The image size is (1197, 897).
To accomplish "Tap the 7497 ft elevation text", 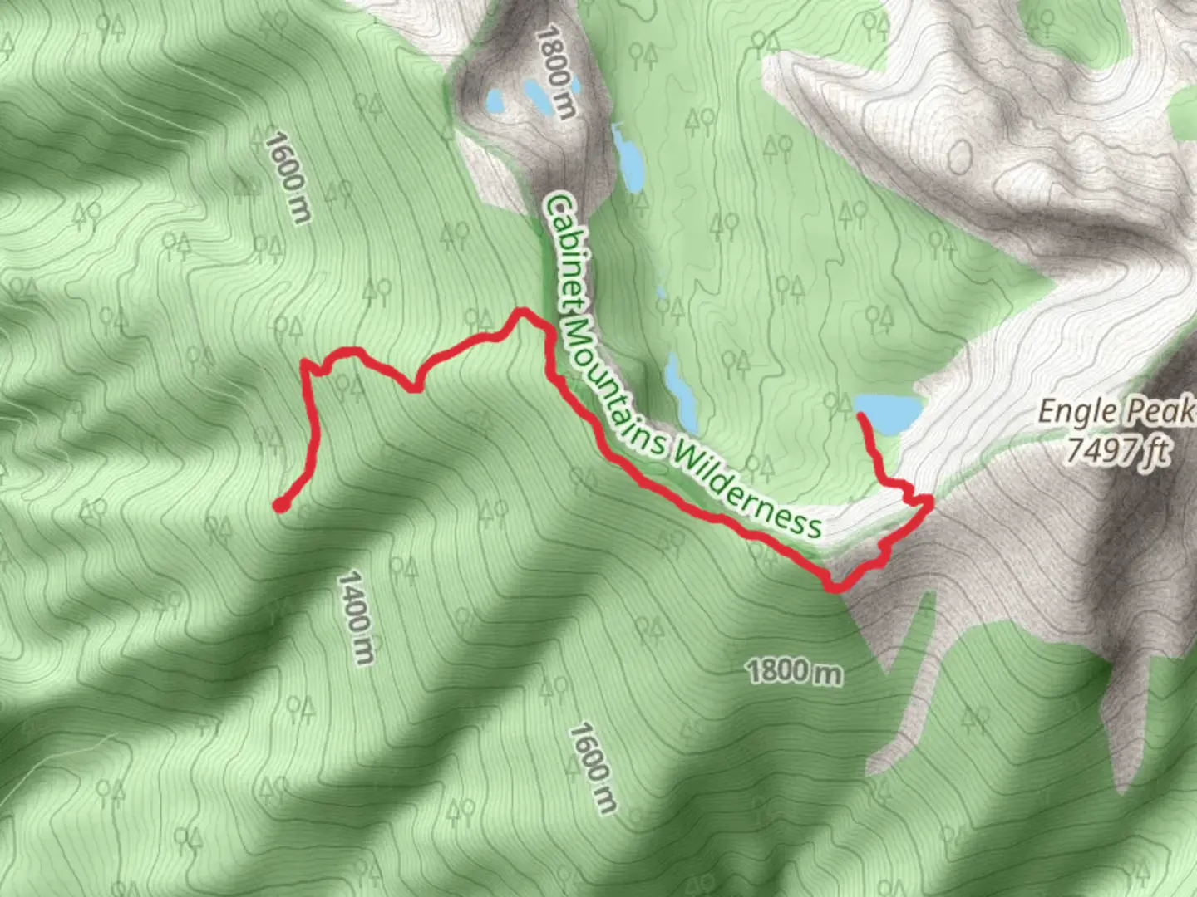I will (1119, 450).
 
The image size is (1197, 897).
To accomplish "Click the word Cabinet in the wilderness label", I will (566, 249).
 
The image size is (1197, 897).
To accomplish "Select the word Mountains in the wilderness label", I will (612, 378).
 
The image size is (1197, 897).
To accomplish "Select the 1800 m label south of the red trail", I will (794, 671).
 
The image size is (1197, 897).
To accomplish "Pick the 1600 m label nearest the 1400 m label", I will (594, 767).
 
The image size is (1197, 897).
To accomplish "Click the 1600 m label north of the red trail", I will (287, 178).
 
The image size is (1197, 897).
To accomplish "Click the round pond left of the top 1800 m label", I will (494, 103).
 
